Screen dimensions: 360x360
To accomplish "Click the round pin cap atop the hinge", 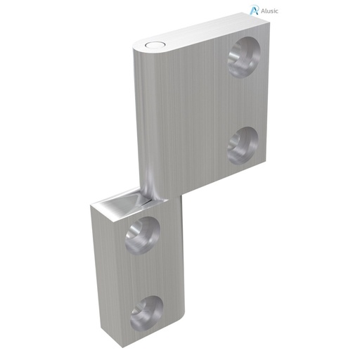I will [151, 45].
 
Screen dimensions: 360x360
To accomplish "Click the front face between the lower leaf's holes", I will [143, 274].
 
